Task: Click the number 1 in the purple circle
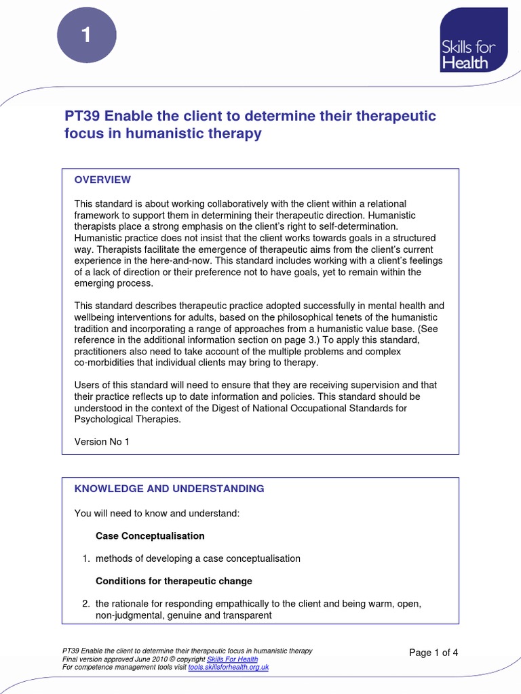tap(86, 36)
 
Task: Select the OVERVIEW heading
tap(102, 180)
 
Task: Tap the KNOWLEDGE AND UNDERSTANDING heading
tap(169, 488)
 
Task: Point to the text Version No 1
tap(101, 441)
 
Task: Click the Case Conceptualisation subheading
tap(150, 535)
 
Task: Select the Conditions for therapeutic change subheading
tap(174, 581)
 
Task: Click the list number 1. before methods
tap(86, 558)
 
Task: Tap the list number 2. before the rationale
tap(86, 604)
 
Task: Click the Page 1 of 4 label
tap(434, 653)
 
